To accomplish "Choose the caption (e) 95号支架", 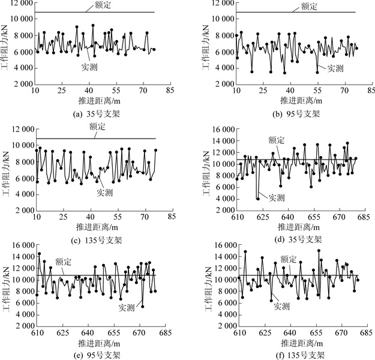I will click(95, 355).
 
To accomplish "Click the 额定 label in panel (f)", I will click(289, 259).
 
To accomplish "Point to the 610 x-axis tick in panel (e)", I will click(37, 332).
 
